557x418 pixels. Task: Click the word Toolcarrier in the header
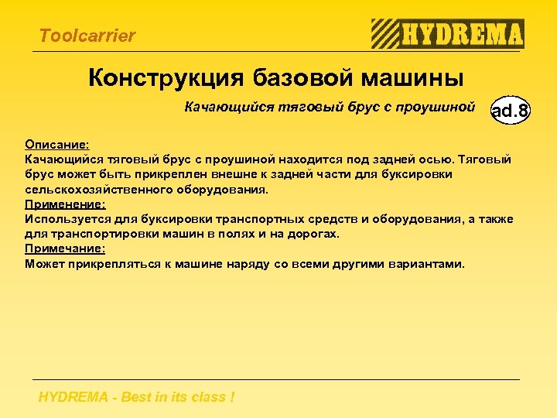[x=87, y=36]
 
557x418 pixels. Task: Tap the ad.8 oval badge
[x=511, y=111]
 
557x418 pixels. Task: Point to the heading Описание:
[x=57, y=145]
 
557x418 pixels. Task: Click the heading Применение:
[x=65, y=204]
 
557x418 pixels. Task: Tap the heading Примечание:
[x=65, y=248]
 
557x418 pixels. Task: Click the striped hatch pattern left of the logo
[x=384, y=34]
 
